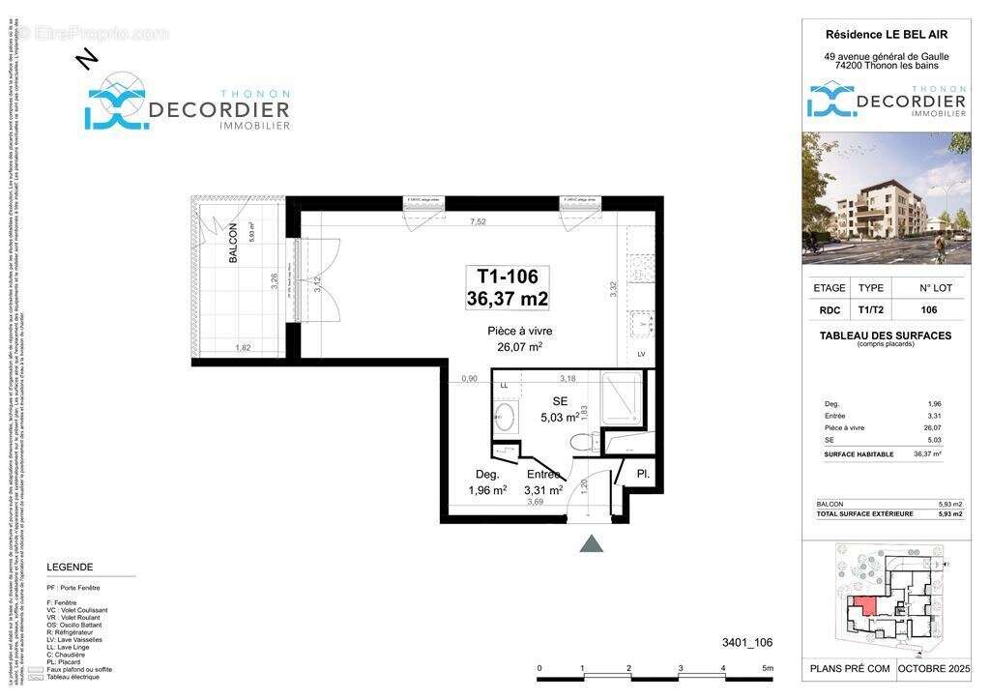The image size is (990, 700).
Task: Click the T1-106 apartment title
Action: click(x=508, y=277)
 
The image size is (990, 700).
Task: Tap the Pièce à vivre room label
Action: click(x=519, y=331)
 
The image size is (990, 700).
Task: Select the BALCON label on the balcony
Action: click(x=233, y=247)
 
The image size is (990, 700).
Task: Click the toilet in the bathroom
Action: click(x=583, y=442)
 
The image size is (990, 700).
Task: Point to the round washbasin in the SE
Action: click(x=505, y=420)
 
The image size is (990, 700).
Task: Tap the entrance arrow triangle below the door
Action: click(x=591, y=544)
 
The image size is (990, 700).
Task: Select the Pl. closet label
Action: click(x=642, y=473)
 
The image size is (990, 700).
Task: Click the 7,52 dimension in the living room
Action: click(x=478, y=220)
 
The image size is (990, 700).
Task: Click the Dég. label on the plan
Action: click(x=486, y=474)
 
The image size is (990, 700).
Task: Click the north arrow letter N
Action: click(x=87, y=61)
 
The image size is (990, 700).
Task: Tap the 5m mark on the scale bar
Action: click(x=767, y=668)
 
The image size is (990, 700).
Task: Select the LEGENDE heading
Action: click(x=70, y=567)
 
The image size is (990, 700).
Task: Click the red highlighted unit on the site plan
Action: click(x=863, y=606)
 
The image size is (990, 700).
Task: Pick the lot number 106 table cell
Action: click(x=928, y=310)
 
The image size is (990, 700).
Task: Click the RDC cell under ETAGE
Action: click(x=830, y=310)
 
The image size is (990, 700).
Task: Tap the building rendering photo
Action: click(x=886, y=198)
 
